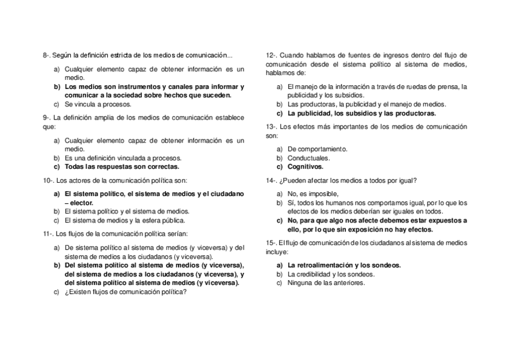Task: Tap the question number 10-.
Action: coord(49,180)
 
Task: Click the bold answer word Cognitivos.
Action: coord(305,167)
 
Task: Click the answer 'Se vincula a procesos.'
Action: coord(97,104)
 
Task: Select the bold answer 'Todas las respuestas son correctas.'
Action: coord(121,167)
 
